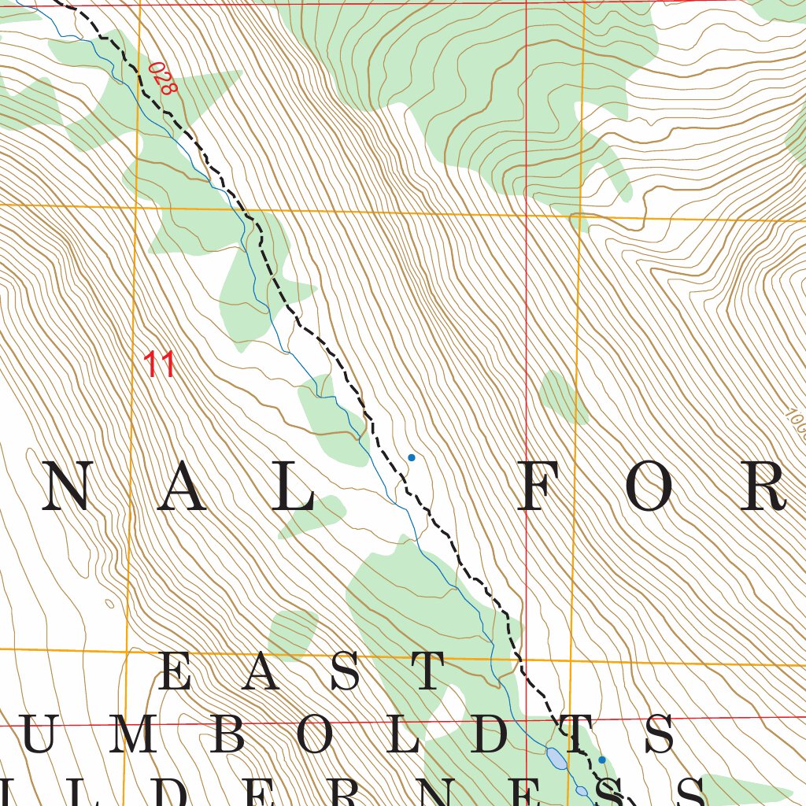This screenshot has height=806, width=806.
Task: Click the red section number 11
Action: pos(158,364)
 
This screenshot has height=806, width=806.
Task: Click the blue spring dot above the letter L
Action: pos(411,457)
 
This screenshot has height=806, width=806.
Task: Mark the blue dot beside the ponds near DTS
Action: pos(602,760)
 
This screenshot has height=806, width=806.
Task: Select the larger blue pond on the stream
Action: pos(556,759)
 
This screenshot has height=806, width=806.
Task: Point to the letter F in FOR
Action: pos(542,486)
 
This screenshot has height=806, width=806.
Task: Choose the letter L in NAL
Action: pos(295,486)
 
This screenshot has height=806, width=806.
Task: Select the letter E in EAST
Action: pos(176,671)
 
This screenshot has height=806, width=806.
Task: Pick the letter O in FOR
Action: pos(650,486)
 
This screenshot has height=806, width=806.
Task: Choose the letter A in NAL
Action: pos(181,486)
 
